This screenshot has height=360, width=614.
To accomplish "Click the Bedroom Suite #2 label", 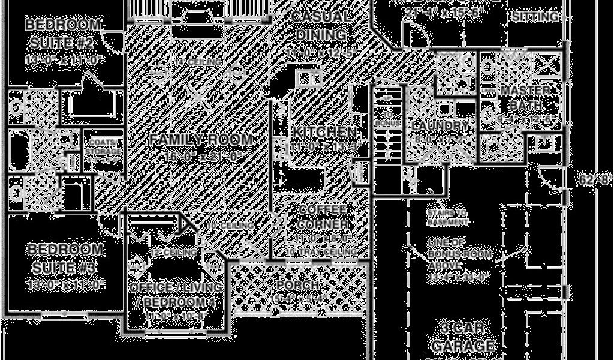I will tap(63, 34).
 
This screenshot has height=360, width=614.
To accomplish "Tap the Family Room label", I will tap(201, 140).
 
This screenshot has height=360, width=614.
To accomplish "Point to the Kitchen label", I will tap(324, 132).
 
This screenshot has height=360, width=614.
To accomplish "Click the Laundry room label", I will tap(441, 126).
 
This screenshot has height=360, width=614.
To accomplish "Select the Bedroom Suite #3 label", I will tap(65, 257).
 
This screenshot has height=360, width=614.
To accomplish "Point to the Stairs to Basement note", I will tap(447, 217).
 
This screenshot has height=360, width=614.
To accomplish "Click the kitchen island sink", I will tap(309, 77).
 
